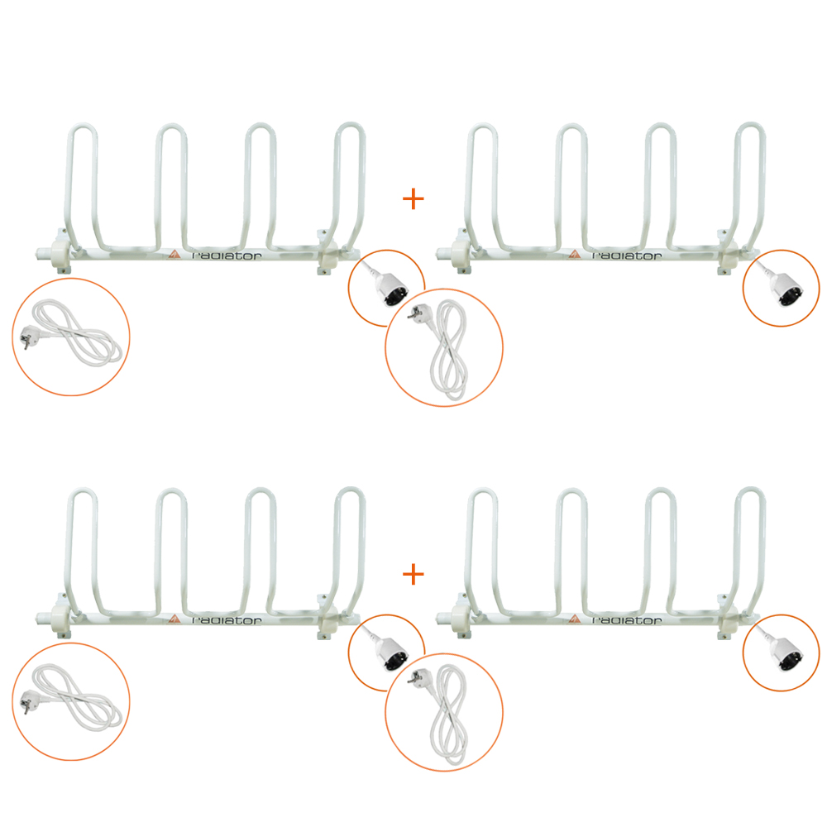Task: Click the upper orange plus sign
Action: (413, 199)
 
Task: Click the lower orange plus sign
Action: (413, 575)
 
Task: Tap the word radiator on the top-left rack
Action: (227, 256)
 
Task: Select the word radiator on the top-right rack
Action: (627, 256)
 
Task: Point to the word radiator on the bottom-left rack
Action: (227, 620)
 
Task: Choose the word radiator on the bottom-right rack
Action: (627, 620)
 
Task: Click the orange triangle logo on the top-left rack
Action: (174, 254)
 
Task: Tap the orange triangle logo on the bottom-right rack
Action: (575, 619)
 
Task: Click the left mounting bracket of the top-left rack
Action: (61, 251)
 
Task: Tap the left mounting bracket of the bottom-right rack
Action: (461, 616)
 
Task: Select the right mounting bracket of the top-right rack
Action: (727, 252)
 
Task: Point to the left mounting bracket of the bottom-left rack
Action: (61, 616)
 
